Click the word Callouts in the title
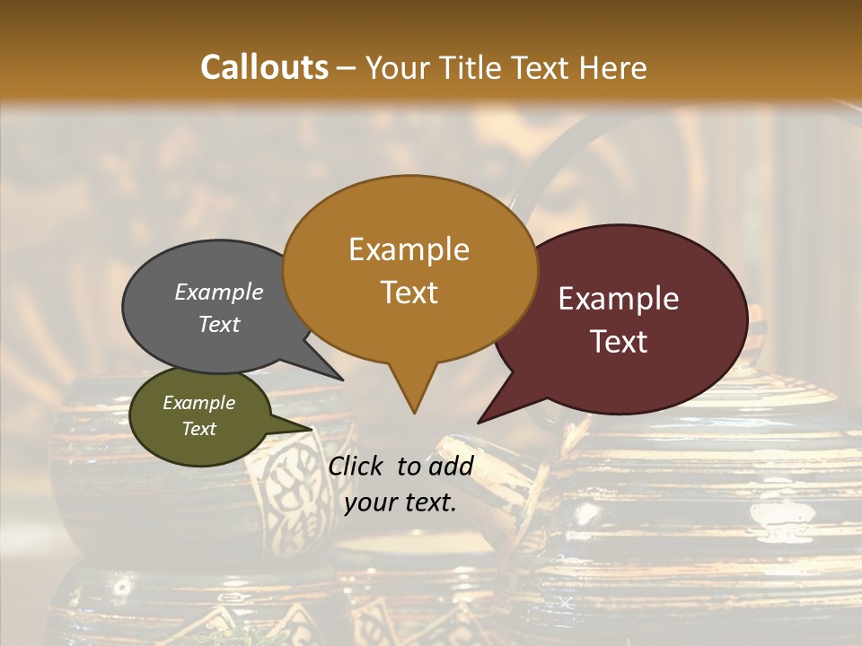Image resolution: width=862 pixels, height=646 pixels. [264, 67]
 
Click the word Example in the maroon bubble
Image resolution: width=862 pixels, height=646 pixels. [619, 299]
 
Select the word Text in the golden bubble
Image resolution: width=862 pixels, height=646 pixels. [409, 292]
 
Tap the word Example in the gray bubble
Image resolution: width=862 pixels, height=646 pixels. [218, 292]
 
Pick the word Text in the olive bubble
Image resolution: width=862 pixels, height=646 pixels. [199, 429]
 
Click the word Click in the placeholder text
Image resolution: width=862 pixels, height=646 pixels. [357, 466]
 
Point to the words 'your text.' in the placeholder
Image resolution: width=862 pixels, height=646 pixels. [400, 503]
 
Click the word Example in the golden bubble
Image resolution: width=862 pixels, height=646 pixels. [409, 249]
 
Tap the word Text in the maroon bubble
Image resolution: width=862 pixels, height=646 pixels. [619, 342]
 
